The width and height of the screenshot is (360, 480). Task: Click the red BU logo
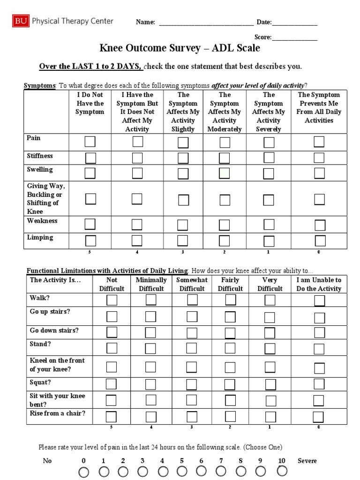(x=20, y=21)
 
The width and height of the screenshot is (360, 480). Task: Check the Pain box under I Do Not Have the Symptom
(x=90, y=142)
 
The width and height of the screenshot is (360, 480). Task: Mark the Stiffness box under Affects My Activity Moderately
(x=225, y=158)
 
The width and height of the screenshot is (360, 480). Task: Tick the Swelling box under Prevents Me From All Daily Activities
(x=319, y=173)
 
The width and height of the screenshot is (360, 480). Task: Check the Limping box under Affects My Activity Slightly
(x=183, y=241)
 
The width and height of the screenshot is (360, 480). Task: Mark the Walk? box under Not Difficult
(x=112, y=300)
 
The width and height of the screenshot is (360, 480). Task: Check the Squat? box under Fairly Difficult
(x=230, y=384)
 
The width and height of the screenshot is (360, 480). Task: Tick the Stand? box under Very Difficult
(x=270, y=348)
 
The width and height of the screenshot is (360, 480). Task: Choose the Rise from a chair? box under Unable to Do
(x=318, y=417)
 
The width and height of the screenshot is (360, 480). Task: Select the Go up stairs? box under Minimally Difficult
(x=151, y=316)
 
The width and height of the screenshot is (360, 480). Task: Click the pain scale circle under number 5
(x=181, y=471)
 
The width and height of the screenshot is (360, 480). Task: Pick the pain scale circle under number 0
(x=84, y=471)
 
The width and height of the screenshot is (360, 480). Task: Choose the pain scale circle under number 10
(x=281, y=471)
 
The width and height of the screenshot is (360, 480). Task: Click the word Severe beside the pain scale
(x=307, y=461)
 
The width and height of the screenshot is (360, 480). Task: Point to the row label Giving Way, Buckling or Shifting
(x=46, y=199)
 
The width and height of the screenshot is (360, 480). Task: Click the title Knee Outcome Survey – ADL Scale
(x=180, y=48)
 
